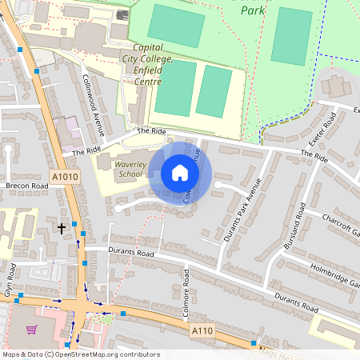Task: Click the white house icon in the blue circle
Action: (180, 173)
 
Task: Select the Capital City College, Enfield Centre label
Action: (148, 65)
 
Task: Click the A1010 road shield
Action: (64, 178)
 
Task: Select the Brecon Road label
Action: (27, 186)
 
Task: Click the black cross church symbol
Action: (62, 229)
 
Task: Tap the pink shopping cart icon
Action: (31, 329)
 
